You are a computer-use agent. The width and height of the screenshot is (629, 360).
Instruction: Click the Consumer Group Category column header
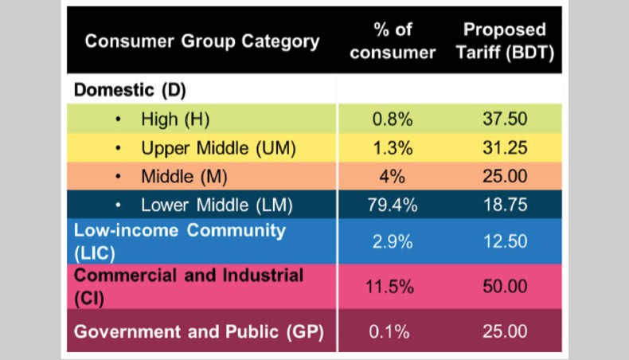pyautogui.click(x=202, y=41)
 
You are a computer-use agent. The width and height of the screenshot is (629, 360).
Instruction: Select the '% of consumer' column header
pyautogui.click(x=393, y=41)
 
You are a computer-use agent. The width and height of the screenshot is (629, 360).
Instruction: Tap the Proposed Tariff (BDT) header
pyautogui.click(x=505, y=41)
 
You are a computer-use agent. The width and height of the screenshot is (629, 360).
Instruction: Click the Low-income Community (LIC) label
pyautogui.click(x=179, y=240)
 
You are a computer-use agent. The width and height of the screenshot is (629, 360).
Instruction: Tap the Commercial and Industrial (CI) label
pyautogui.click(x=189, y=286)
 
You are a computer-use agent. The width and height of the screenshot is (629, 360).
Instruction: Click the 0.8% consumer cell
pyautogui.click(x=393, y=119)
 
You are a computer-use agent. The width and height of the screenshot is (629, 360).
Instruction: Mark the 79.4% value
pyautogui.click(x=393, y=205)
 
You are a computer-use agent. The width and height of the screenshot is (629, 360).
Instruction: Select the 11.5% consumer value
pyautogui.click(x=393, y=287)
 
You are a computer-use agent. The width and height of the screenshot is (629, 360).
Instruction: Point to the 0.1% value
pyautogui.click(x=393, y=331)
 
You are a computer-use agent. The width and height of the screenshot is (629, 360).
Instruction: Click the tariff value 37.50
pyautogui.click(x=505, y=119)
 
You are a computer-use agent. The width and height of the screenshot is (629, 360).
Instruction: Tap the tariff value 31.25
pyautogui.click(x=505, y=148)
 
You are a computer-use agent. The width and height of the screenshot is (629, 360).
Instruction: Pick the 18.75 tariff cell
pyautogui.click(x=505, y=205)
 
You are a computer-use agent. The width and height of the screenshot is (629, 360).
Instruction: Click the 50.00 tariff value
pyautogui.click(x=505, y=287)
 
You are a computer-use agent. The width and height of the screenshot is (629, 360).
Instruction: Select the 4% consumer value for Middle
pyautogui.click(x=393, y=177)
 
